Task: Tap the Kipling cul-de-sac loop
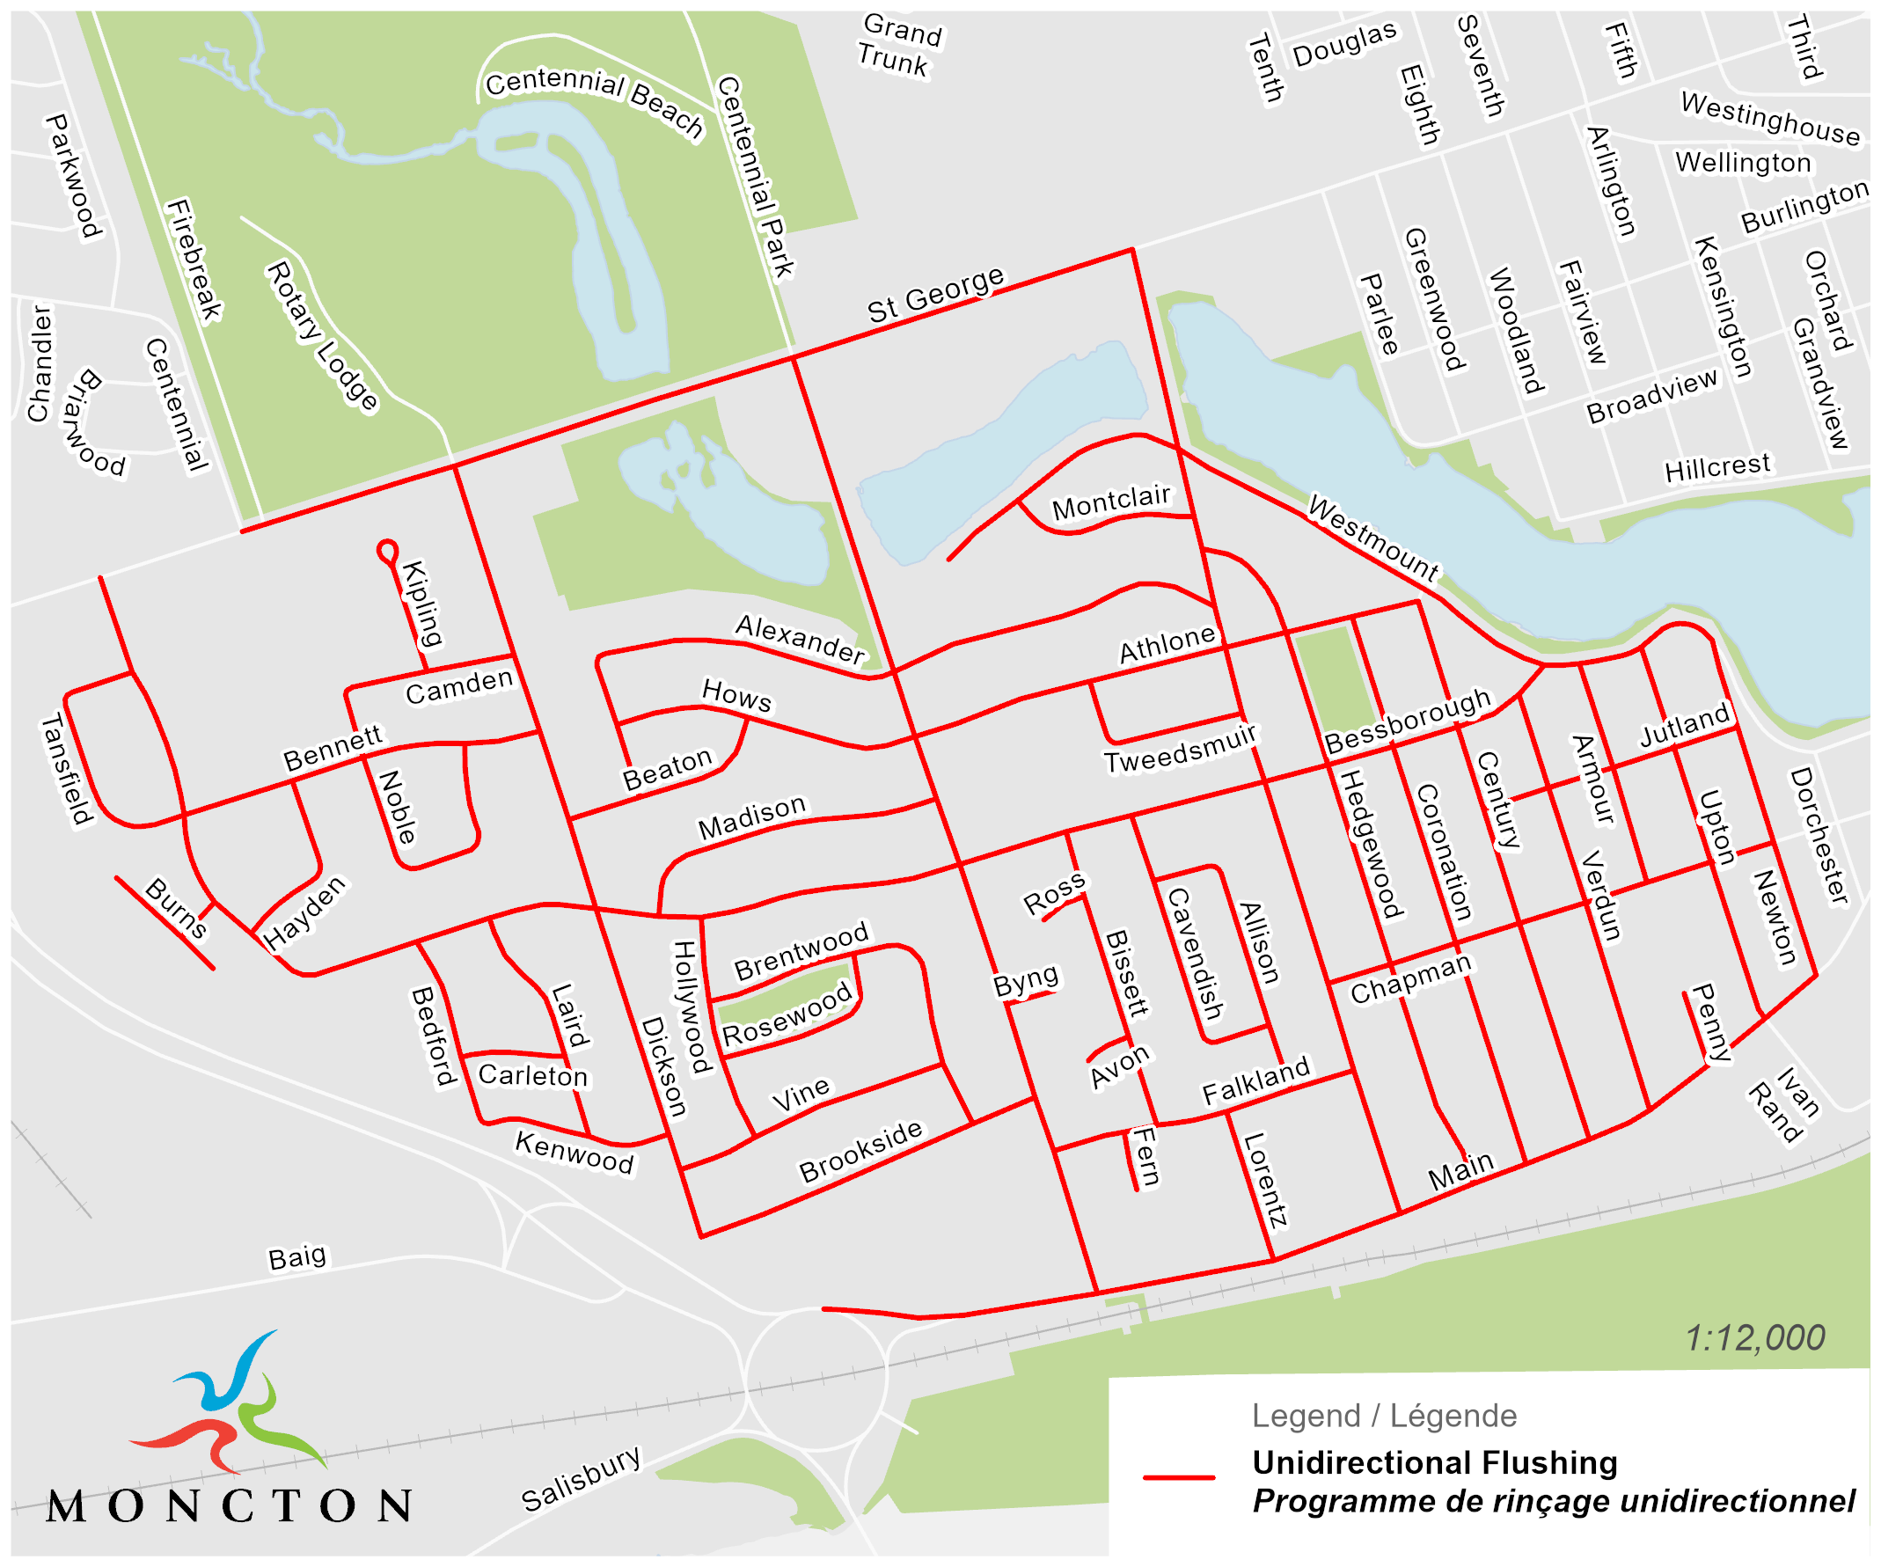[x=387, y=551]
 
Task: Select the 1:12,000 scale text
[x=1753, y=1338]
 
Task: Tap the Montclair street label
[x=1110, y=502]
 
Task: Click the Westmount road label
[x=1373, y=538]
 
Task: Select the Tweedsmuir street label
[x=1180, y=750]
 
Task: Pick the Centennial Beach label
[x=595, y=101]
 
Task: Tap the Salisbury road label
[x=582, y=1479]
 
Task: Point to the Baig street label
[x=297, y=1258]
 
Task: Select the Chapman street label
[x=1411, y=978]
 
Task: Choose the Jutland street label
[x=1685, y=726]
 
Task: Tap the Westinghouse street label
[x=1770, y=118]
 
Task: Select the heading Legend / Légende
[x=1384, y=1417]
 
